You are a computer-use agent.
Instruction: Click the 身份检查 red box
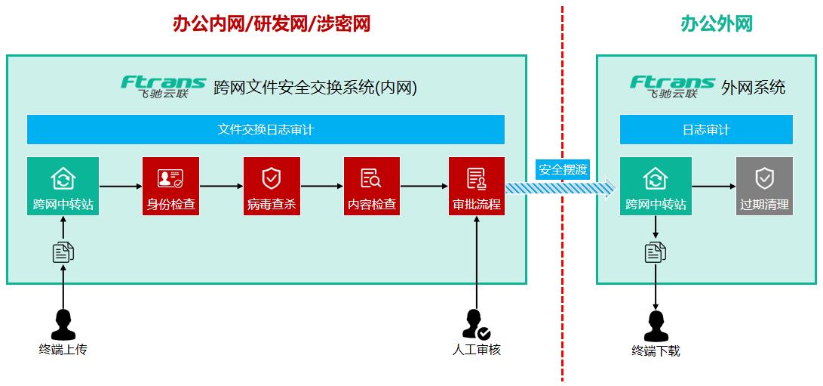(170, 187)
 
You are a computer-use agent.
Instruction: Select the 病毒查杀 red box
(272, 187)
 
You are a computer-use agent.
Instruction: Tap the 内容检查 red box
(372, 187)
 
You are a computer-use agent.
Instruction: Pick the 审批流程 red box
(476, 187)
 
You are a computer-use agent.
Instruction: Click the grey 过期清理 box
(764, 187)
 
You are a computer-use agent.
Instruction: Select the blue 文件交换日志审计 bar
(266, 129)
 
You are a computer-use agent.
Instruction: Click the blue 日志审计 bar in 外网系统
(706, 129)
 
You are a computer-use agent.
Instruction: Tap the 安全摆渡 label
(563, 169)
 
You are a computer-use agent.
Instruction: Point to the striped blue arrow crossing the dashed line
(561, 188)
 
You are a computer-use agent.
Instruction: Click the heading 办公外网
(706, 24)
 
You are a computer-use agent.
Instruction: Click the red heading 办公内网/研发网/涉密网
(272, 24)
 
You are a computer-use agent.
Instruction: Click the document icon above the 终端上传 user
(63, 252)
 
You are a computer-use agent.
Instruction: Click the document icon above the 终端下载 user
(656, 252)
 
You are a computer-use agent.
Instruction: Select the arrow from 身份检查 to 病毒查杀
(221, 186)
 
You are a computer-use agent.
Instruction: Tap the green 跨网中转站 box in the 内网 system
(63, 187)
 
